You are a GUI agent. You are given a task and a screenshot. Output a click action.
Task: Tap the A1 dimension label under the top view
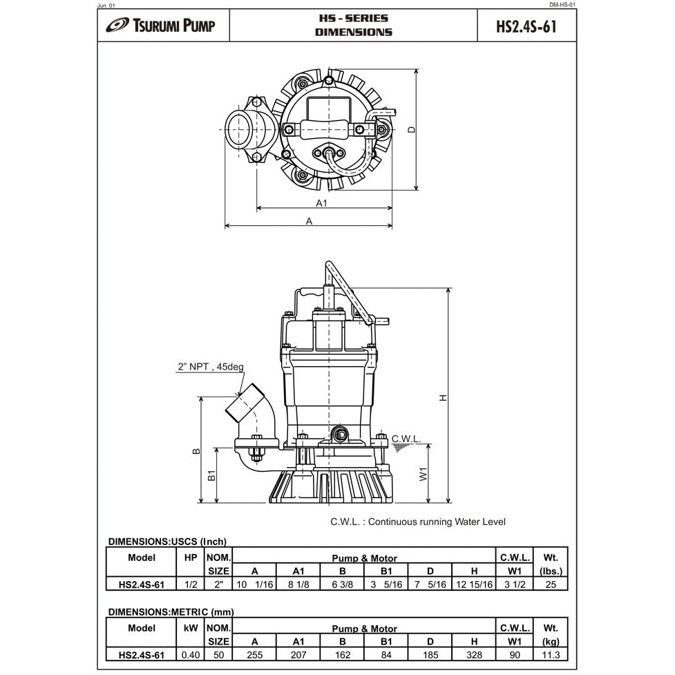pyautogui.click(x=321, y=203)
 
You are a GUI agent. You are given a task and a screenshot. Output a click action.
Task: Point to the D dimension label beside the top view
pyautogui.click(x=411, y=129)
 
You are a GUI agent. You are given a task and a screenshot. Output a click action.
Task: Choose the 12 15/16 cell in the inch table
pyautogui.click(x=473, y=584)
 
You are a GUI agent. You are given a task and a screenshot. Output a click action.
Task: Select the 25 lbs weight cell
pyautogui.click(x=550, y=584)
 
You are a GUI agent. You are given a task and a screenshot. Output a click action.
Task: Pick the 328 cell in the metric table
pyautogui.click(x=473, y=655)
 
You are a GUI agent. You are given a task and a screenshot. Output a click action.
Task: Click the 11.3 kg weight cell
pyautogui.click(x=550, y=655)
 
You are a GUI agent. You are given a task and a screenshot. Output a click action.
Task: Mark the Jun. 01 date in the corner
pyautogui.click(x=108, y=5)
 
